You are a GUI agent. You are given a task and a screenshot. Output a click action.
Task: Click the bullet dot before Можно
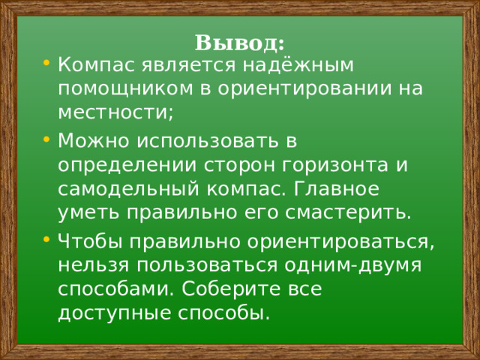(47, 139)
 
